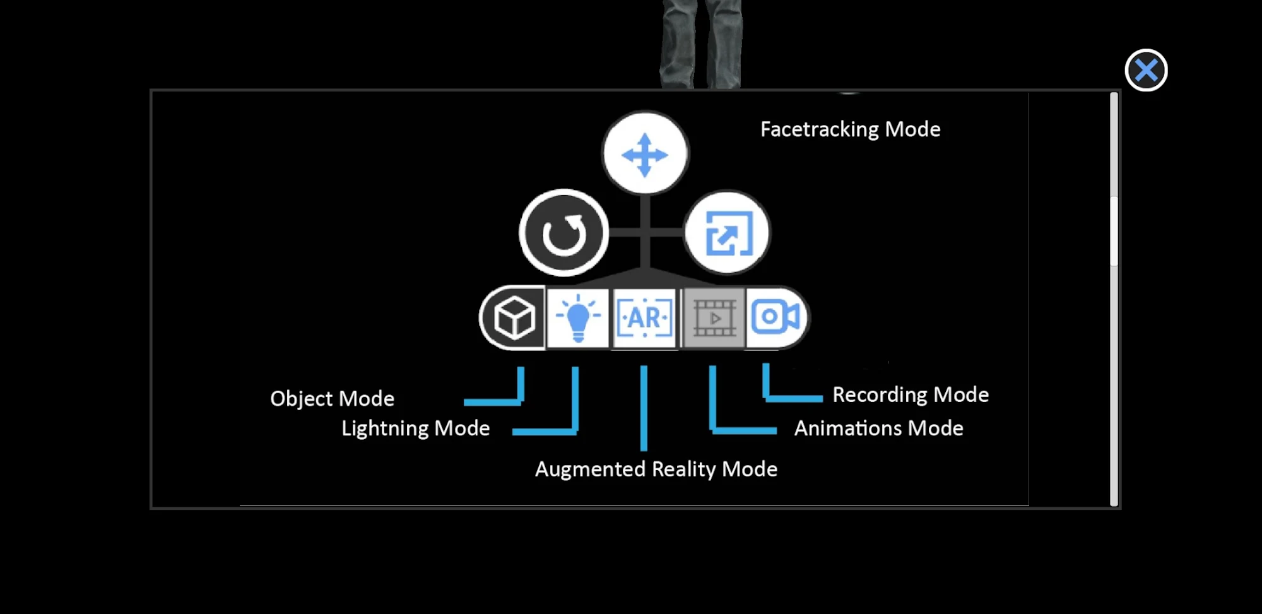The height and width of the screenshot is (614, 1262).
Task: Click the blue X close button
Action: (1146, 70)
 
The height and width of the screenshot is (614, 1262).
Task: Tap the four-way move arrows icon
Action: (645, 154)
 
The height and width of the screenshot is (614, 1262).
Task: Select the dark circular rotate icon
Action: (563, 233)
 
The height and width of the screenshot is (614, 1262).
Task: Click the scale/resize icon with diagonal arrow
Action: (728, 233)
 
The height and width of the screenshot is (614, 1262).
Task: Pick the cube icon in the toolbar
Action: (514, 317)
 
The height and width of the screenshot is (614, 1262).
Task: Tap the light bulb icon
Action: (577, 317)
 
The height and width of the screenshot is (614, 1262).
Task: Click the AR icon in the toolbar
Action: (644, 317)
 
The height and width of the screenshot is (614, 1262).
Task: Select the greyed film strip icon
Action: (714, 318)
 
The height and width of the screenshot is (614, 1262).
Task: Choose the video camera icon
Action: (776, 317)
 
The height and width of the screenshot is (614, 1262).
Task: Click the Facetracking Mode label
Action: (850, 129)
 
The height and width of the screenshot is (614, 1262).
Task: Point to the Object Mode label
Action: (332, 399)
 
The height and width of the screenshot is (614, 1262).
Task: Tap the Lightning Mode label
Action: (415, 428)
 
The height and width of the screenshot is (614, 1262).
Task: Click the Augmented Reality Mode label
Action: (656, 469)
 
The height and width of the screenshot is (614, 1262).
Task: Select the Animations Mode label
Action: (878, 428)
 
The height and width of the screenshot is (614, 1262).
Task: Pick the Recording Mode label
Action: (911, 395)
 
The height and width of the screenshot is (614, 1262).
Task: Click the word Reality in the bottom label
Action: (684, 469)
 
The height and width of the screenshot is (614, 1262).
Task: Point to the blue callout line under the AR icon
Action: (644, 408)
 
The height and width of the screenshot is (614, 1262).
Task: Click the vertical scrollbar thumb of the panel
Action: (1114, 232)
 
